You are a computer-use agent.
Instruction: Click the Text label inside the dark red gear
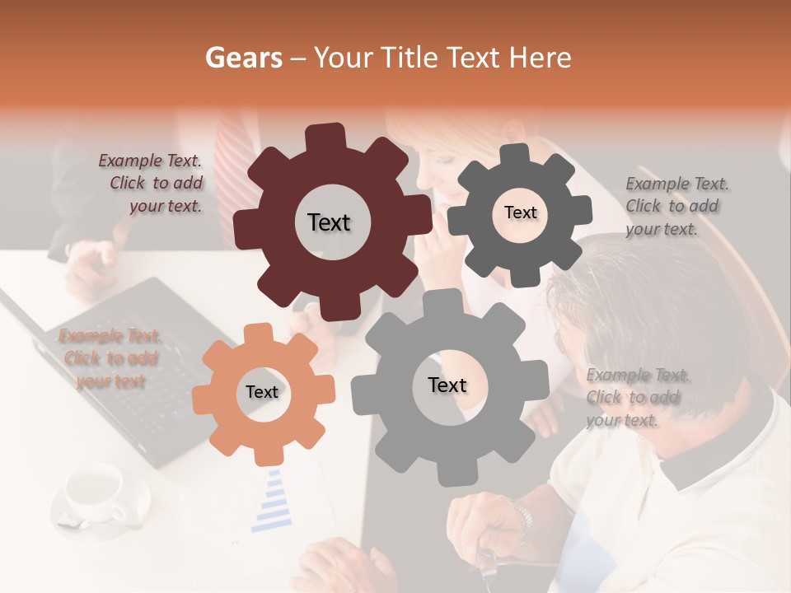click(x=329, y=222)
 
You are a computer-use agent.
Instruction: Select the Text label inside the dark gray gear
click(x=520, y=212)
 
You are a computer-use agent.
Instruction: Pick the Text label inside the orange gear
click(x=262, y=392)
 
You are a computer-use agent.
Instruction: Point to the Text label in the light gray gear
click(x=447, y=385)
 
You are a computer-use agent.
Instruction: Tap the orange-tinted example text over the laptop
click(x=110, y=358)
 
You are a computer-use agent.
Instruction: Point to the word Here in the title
click(x=541, y=58)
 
